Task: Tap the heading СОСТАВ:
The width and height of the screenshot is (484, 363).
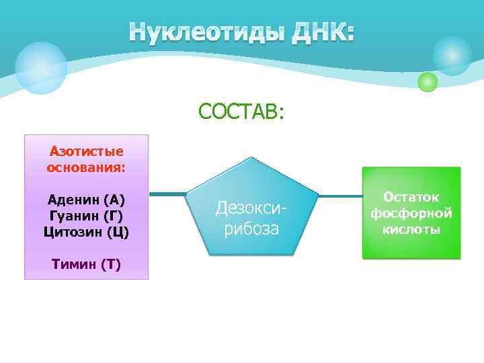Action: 241,111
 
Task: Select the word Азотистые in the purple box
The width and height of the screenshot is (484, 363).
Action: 86,152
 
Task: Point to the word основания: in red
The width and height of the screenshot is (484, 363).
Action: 86,167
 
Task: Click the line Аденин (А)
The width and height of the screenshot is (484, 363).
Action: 86,200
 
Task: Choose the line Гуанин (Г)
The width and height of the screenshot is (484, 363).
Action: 86,216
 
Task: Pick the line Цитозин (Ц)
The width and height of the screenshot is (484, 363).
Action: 86,232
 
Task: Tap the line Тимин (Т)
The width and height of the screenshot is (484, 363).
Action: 86,264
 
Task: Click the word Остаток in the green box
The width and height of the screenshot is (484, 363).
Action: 411,197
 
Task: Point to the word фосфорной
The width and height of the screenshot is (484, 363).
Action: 411,213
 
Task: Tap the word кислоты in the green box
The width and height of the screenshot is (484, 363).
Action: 411,229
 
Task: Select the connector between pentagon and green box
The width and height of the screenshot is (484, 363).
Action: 340,196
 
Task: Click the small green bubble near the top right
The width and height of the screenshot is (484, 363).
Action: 428,82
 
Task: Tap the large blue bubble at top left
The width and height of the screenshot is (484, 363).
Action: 41,68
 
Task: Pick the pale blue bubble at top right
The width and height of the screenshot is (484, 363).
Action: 452,55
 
